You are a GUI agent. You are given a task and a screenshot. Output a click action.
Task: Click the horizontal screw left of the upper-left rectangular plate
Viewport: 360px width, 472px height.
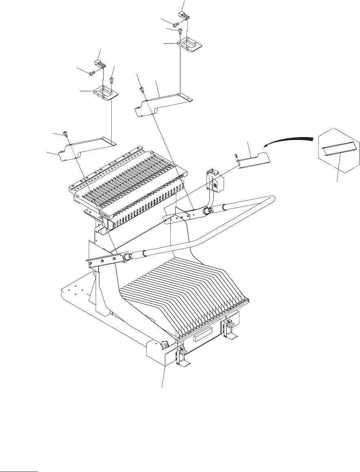click(x=92, y=73)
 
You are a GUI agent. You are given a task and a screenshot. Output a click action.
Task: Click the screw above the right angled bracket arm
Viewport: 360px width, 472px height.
click(x=142, y=88)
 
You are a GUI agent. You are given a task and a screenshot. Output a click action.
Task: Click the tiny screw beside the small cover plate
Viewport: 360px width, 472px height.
click(x=237, y=155)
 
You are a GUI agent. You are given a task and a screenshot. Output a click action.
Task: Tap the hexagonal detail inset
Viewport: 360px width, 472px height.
click(x=339, y=151)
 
